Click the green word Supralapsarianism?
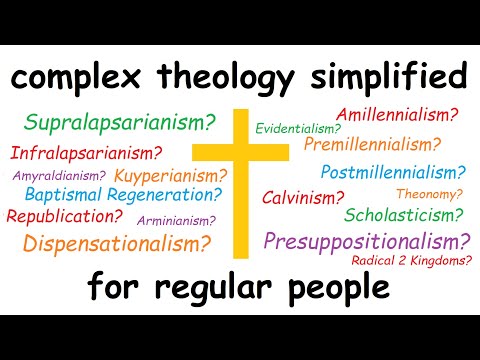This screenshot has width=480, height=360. point(119,124)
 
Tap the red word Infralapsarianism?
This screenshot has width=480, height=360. point(86,153)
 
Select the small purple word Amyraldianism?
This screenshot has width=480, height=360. point(59,175)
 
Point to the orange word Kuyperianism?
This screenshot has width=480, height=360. point(167,176)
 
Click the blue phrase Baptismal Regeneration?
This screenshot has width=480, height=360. point(123,195)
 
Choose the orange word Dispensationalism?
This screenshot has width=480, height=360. point(116,242)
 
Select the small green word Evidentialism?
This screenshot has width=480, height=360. point(297,129)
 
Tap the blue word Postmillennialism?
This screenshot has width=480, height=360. point(393,171)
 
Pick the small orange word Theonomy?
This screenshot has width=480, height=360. point(429,193)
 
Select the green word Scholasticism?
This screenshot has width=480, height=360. point(403,215)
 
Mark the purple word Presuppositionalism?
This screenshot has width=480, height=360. point(367,241)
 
